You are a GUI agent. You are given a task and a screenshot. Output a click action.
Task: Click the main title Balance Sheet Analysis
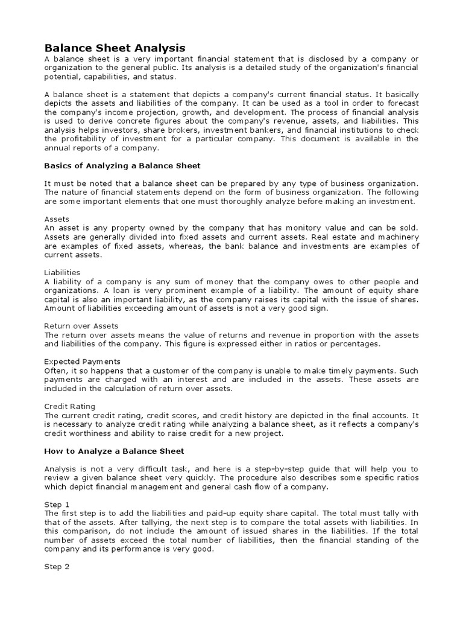tap(115, 48)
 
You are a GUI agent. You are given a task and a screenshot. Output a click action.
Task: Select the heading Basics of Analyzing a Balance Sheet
tap(122, 165)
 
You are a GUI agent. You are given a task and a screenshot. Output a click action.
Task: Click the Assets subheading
tap(57, 219)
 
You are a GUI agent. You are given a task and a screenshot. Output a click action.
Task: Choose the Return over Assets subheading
tap(82, 326)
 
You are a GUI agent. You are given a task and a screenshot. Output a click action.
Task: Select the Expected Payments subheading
tap(83, 362)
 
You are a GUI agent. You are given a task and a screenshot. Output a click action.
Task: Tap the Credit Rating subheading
tap(70, 406)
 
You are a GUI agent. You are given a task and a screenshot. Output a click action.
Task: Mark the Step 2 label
tap(57, 567)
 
